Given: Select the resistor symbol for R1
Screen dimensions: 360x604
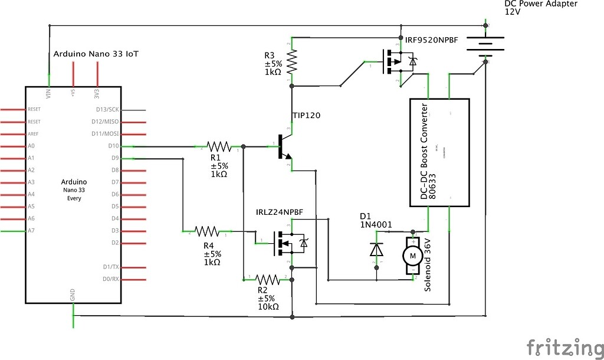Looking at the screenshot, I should tap(218, 146).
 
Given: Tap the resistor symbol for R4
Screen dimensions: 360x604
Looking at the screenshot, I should tap(207, 231).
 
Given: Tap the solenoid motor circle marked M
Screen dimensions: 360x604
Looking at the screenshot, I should tap(413, 256).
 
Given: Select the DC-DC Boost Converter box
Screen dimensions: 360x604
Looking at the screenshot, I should tap(439, 153).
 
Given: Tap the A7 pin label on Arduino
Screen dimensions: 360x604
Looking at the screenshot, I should tap(31, 231).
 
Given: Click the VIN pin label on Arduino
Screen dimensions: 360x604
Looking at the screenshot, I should tap(48, 93).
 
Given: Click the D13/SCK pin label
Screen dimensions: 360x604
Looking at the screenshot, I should tap(108, 109).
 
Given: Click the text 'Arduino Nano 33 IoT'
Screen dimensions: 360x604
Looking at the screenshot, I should tap(96, 54).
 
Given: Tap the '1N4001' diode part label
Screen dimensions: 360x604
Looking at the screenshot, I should tap(375, 224).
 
